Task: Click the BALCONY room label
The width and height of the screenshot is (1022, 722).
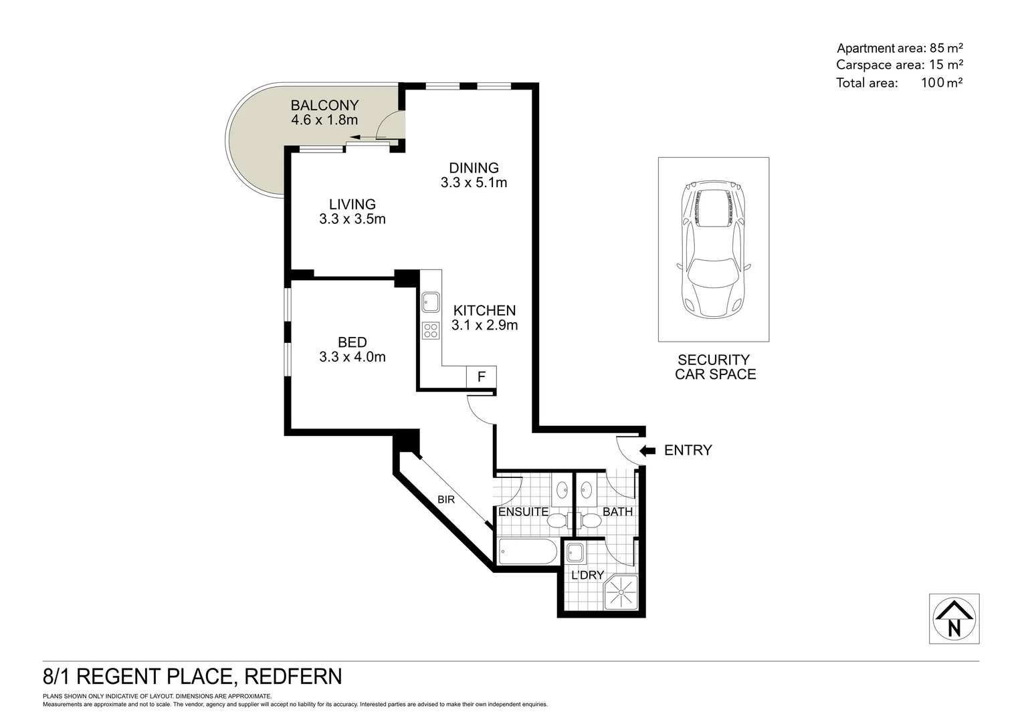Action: [x=324, y=106]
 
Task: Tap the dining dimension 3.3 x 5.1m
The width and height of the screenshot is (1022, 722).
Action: [x=474, y=183]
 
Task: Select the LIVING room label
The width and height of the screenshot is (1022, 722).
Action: [x=352, y=205]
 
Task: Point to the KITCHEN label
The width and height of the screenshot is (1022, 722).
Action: [x=484, y=310]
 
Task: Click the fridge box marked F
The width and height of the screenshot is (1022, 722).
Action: [x=481, y=376]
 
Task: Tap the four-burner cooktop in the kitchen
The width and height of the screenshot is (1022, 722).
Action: [x=430, y=330]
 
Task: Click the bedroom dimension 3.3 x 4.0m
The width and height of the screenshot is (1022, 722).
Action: [x=352, y=357]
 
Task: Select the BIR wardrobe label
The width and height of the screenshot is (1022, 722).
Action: [x=446, y=499]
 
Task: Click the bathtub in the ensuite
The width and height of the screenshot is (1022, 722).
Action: [x=526, y=552]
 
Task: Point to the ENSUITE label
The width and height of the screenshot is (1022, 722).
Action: [x=523, y=512]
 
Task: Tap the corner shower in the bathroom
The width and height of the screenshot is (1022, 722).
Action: [x=621, y=592]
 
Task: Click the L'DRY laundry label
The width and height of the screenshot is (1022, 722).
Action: [x=587, y=575]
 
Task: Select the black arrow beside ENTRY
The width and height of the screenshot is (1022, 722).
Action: [x=647, y=451]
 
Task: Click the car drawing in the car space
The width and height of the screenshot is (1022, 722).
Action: [x=713, y=249]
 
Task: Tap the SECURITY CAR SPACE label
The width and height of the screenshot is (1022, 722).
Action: [x=715, y=367]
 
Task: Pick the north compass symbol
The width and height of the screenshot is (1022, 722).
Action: [x=954, y=619]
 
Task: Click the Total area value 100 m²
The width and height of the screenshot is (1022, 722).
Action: [x=937, y=83]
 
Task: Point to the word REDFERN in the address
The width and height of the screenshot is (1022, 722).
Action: [x=294, y=677]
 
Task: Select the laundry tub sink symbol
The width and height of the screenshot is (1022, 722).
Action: [x=575, y=554]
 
